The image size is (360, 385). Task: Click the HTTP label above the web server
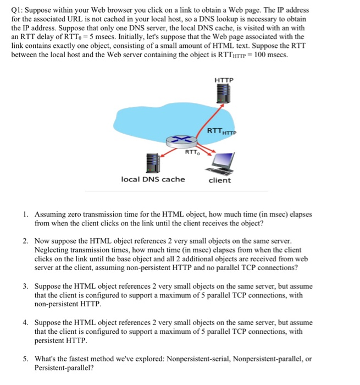pos(224,80)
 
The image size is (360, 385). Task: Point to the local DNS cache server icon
pos(153,162)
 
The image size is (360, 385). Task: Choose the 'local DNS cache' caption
pos(153,179)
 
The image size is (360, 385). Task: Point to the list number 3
pos(26,287)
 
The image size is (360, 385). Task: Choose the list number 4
pos(26,322)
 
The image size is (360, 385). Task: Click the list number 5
pos(26,359)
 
